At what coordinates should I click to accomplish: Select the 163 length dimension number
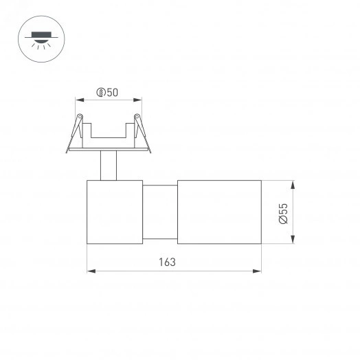(x=167, y=262)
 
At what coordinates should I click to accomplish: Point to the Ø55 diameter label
(x=282, y=212)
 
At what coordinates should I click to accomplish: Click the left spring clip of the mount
(x=76, y=132)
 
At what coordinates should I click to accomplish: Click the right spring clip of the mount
(x=141, y=132)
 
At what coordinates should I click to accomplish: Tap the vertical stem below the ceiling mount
(x=109, y=166)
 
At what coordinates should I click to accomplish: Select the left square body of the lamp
(x=114, y=212)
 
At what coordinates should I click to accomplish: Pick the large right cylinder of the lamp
(x=219, y=212)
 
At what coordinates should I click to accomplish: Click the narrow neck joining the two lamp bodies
(x=159, y=212)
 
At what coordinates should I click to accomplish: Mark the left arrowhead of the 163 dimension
(x=91, y=271)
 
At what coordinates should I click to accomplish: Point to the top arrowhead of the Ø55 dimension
(x=293, y=185)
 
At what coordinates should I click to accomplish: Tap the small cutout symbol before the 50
(x=101, y=93)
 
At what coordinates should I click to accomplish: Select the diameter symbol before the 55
(x=282, y=221)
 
